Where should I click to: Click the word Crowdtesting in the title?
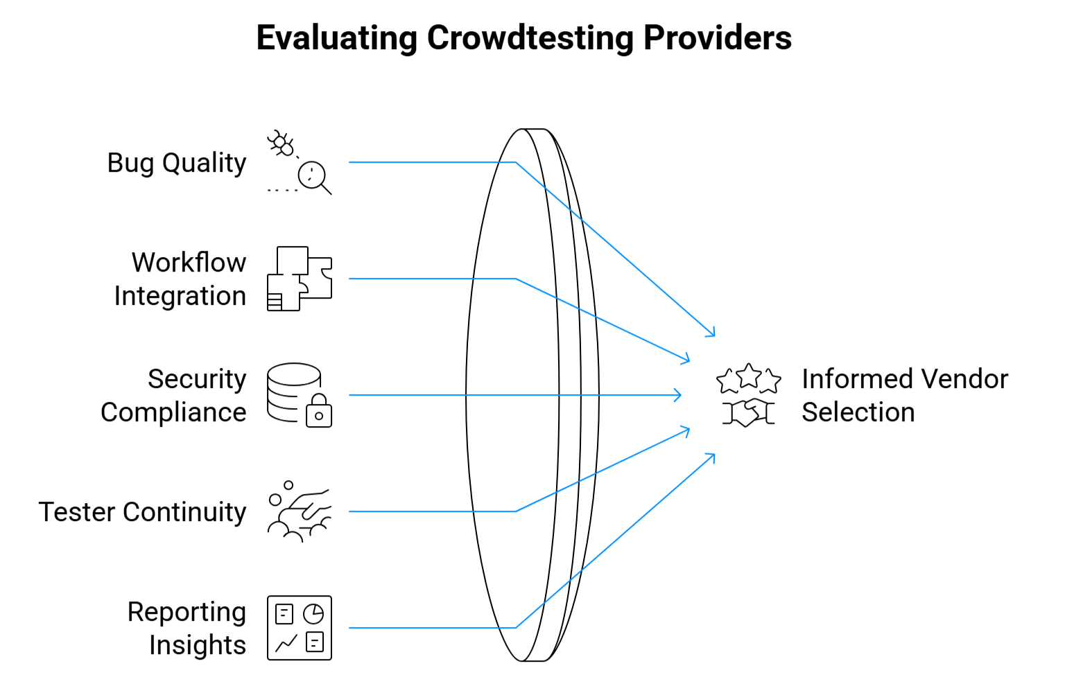[x=530, y=38]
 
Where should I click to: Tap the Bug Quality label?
[x=176, y=163]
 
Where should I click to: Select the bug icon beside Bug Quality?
[x=282, y=143]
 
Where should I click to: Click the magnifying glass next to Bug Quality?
[x=313, y=177]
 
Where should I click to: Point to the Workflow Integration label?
[x=180, y=279]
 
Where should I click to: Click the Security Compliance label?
[x=174, y=396]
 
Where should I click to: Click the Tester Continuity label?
[x=142, y=512]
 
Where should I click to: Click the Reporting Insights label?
[x=187, y=628]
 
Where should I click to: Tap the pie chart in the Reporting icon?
[x=313, y=614]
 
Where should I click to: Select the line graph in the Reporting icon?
[x=286, y=644]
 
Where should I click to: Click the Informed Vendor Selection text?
[x=904, y=396]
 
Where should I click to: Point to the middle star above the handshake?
[x=749, y=376]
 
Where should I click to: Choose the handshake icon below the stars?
[x=748, y=412]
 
